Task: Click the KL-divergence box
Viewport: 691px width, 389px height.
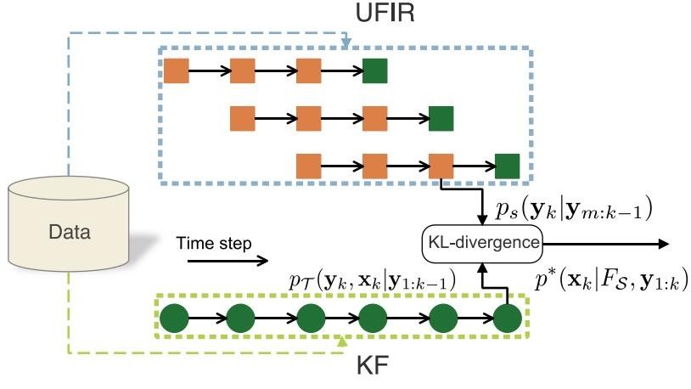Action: [x=481, y=243]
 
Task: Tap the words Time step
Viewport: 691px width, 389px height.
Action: [x=214, y=244]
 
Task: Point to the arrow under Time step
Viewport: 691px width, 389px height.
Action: [x=227, y=261]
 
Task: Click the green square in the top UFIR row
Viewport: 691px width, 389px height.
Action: [x=375, y=71]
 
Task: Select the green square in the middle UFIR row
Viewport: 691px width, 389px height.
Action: [x=441, y=118]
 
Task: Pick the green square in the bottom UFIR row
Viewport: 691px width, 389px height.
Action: [x=507, y=165]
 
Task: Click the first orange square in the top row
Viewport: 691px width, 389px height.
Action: [x=176, y=71]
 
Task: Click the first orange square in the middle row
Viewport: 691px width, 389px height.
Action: [x=242, y=118]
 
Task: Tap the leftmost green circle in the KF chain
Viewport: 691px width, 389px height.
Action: [x=175, y=319]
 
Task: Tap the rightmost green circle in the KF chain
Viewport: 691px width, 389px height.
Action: [x=507, y=319]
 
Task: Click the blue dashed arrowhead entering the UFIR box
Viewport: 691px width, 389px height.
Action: [x=346, y=43]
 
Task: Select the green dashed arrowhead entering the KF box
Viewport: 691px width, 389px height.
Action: [x=343, y=342]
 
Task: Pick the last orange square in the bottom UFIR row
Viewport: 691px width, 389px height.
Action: [x=441, y=165]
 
